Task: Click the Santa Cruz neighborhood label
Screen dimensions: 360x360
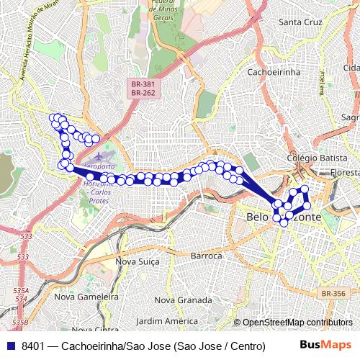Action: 302,22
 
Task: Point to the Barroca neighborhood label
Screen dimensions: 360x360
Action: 207,256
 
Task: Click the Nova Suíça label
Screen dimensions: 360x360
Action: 138,261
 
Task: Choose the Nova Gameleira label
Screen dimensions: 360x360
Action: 86,296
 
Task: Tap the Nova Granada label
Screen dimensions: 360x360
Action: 184,300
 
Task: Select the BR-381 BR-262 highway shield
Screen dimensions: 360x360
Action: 140,88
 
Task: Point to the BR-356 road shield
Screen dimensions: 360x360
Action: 334,294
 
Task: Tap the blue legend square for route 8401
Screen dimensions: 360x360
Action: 9,346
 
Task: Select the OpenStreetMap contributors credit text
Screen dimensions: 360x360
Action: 297,323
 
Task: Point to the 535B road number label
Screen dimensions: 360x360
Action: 20,322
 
